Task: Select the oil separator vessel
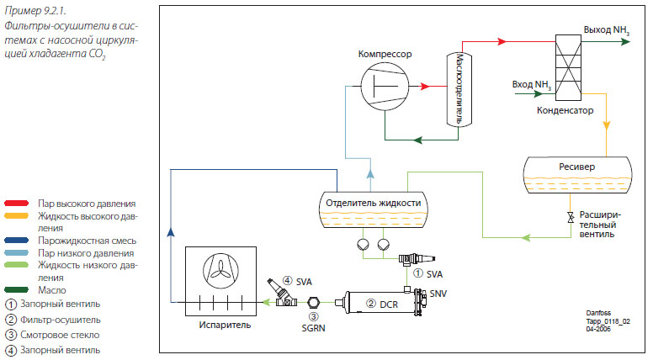[x=456, y=87]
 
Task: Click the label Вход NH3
[x=533, y=84]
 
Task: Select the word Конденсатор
[x=565, y=110]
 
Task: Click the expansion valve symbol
[x=571, y=218]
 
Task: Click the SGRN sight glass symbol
[x=313, y=302]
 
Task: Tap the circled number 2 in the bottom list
[x=10, y=320]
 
